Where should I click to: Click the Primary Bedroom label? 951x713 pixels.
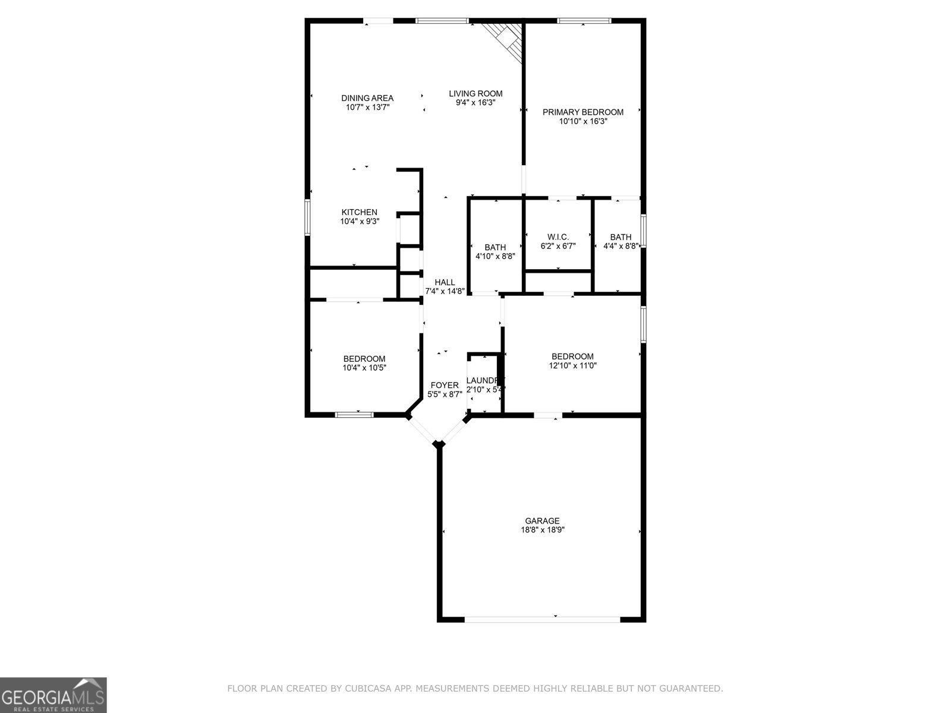pos(582,112)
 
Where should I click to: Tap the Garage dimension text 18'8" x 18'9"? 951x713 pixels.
pos(541,530)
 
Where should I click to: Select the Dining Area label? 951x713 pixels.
pos(367,98)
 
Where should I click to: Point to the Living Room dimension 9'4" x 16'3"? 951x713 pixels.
pos(475,103)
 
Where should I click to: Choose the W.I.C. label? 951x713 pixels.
pos(558,237)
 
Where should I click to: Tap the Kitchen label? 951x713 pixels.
pos(359,212)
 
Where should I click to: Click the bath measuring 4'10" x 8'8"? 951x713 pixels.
pos(495,252)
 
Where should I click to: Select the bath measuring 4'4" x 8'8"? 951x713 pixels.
pos(620,241)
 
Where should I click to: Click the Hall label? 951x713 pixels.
pos(445,282)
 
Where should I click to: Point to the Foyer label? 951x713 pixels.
pos(444,385)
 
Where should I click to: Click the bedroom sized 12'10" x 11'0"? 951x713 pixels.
pos(572,361)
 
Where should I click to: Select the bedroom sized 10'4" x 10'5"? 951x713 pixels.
pos(364,363)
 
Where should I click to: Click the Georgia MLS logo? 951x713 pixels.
pos(53,695)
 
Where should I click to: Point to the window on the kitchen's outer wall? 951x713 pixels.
pos(307,217)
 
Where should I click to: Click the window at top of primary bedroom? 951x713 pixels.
pos(584,21)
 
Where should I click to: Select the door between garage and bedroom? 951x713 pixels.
pos(548,415)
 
